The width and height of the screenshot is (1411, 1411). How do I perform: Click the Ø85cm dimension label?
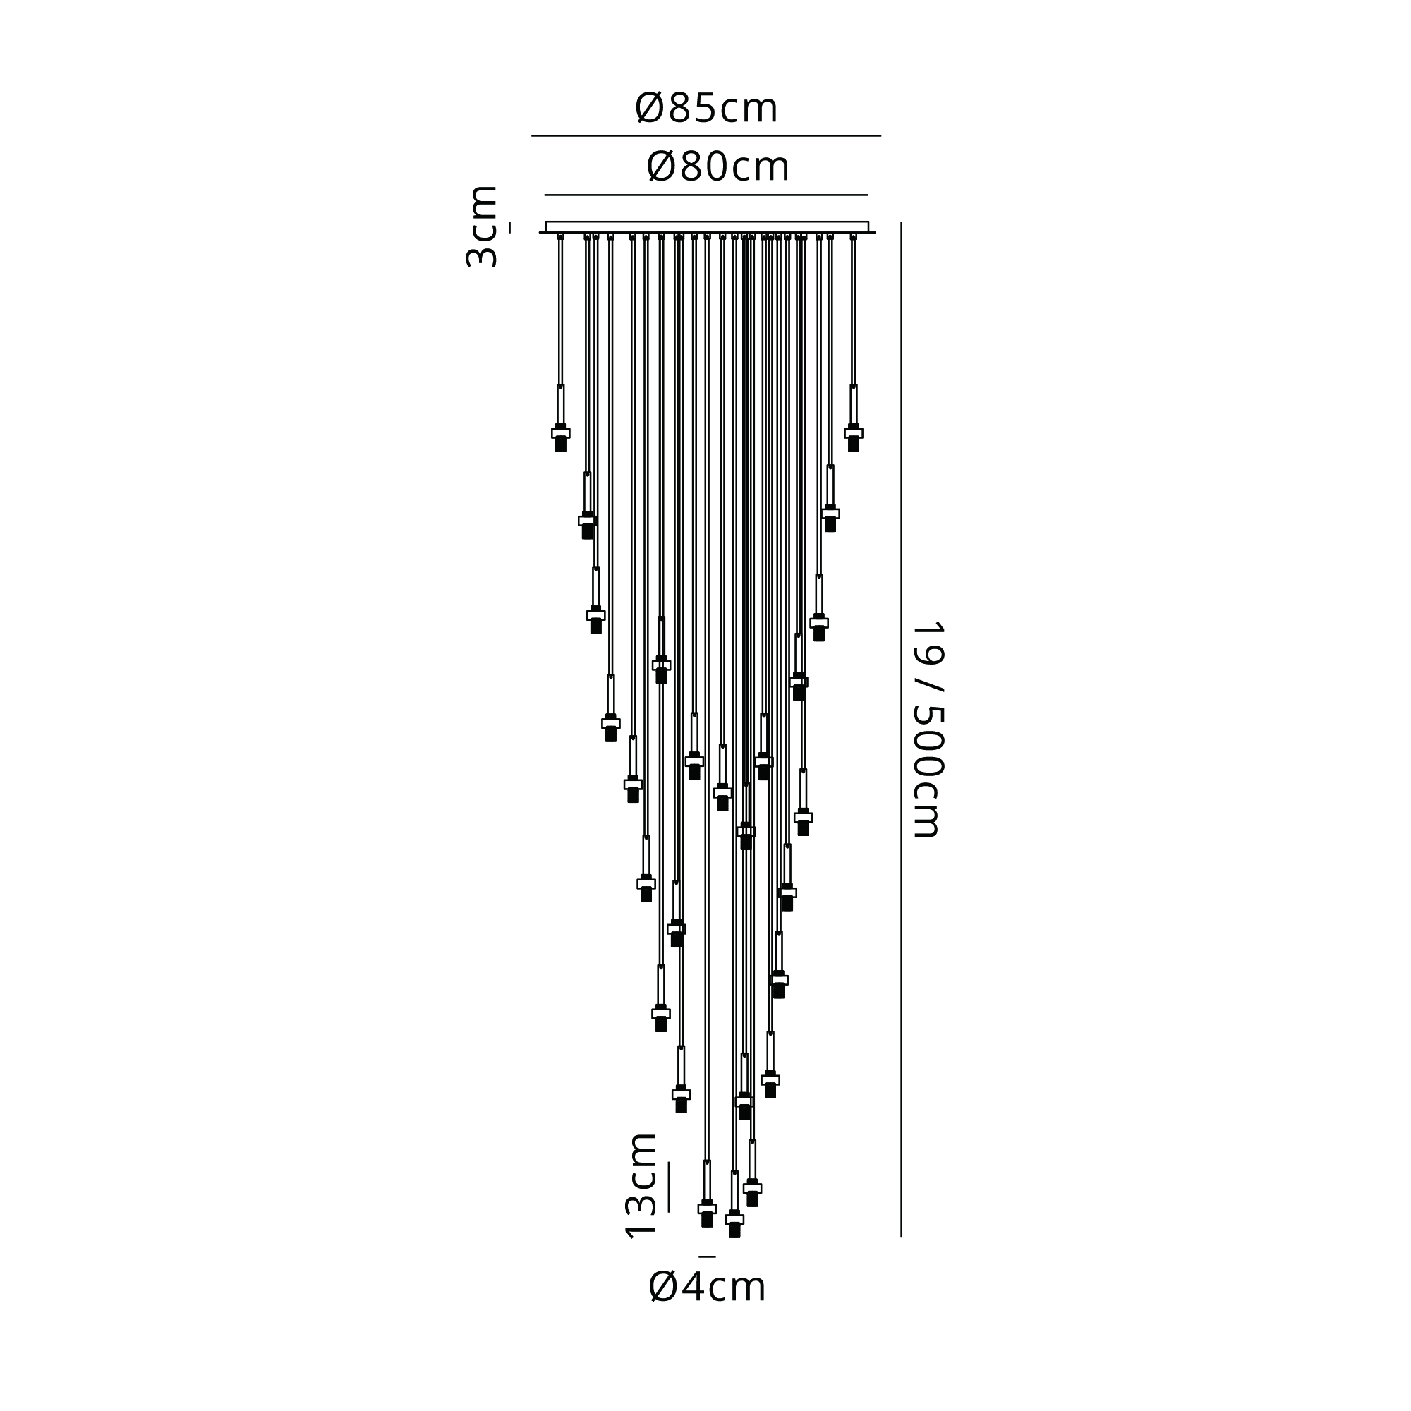[x=706, y=109]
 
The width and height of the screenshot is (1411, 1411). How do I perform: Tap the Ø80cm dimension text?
[x=718, y=167]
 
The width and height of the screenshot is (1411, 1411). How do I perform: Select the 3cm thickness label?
[x=482, y=226]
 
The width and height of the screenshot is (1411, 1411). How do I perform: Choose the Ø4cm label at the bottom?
[x=707, y=1307]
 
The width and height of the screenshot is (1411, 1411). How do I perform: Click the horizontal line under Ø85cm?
[x=705, y=136]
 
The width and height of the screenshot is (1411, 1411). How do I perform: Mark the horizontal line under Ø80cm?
[x=706, y=195]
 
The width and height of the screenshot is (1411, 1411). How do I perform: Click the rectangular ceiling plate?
[x=707, y=227]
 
